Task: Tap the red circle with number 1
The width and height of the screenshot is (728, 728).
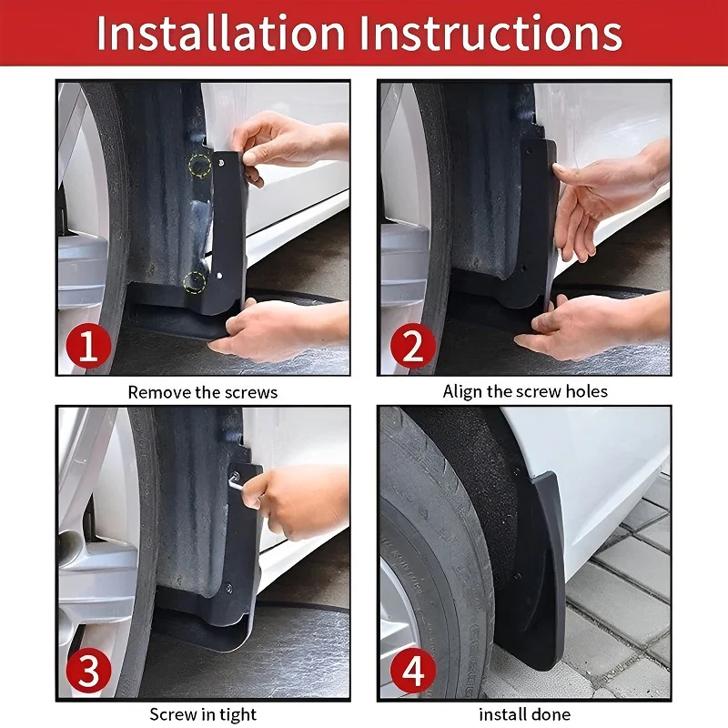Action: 88,348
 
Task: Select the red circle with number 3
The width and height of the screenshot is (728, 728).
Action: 88,673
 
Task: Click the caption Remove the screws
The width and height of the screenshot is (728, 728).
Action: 202,392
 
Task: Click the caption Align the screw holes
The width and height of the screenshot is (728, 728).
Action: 525,391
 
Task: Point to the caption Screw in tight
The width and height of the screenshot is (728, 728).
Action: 203,714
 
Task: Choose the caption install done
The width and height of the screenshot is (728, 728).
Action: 525,714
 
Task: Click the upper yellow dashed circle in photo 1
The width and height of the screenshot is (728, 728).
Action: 199,165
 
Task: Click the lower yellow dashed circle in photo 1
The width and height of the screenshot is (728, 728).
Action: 194,281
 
